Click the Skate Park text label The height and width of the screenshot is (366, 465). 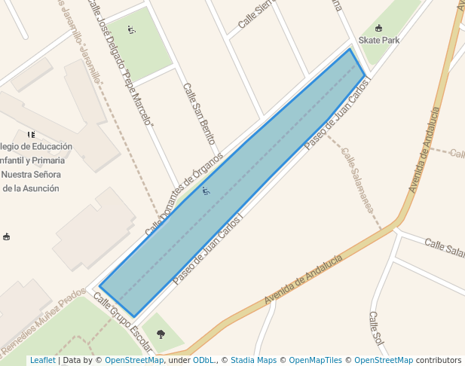coord(379,40)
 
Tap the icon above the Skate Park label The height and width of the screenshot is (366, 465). coord(378,28)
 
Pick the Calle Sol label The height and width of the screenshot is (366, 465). coord(377,331)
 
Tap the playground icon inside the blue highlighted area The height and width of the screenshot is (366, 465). coord(205,192)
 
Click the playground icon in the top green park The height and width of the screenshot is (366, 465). coord(131,30)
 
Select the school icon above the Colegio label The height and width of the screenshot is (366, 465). coord(31,134)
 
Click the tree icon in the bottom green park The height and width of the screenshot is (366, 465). coord(160,334)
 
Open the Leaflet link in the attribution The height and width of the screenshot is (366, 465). coord(42,361)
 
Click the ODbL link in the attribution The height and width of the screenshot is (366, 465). coord(204,361)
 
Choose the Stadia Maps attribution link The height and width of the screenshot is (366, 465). coord(253,361)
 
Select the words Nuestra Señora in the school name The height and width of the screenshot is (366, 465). coord(31,174)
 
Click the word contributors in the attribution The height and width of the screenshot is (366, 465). coord(439,361)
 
